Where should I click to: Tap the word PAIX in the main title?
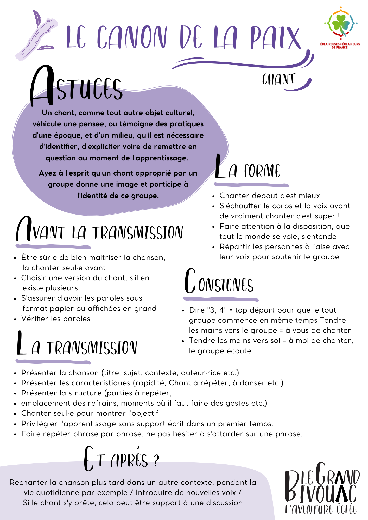point(275,38)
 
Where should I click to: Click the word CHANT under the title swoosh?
point(278,79)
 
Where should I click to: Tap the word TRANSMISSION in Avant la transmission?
point(138,232)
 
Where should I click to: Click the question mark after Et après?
point(156,461)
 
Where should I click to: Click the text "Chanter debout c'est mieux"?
point(269,196)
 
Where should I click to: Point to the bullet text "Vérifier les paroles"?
point(56,318)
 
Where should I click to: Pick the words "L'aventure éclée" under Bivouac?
point(321,510)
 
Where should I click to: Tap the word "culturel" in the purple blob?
point(179,113)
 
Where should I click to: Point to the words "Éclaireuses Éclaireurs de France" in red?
point(340,46)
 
